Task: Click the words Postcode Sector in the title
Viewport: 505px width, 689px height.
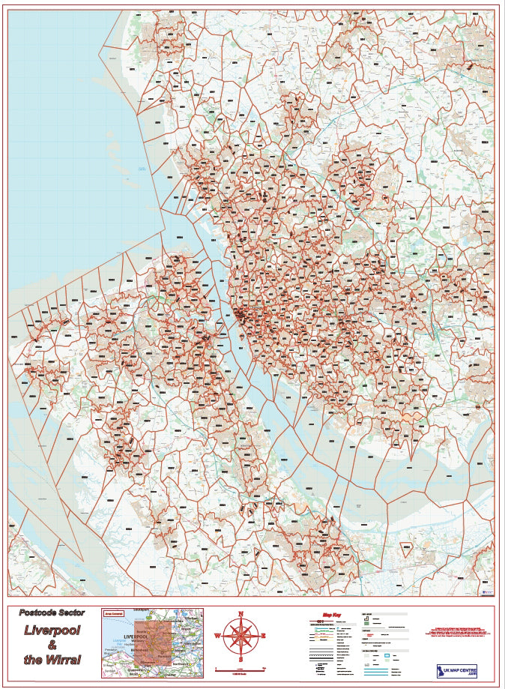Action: point(52,613)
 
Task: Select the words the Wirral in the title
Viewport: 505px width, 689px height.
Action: point(52,660)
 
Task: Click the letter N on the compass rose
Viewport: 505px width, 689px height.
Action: point(241,613)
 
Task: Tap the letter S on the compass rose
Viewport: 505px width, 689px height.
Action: point(241,660)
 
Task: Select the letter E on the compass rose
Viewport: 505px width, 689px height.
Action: point(263,637)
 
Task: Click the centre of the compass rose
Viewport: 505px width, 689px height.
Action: point(241,637)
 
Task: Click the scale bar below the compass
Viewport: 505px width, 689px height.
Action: point(241,667)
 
